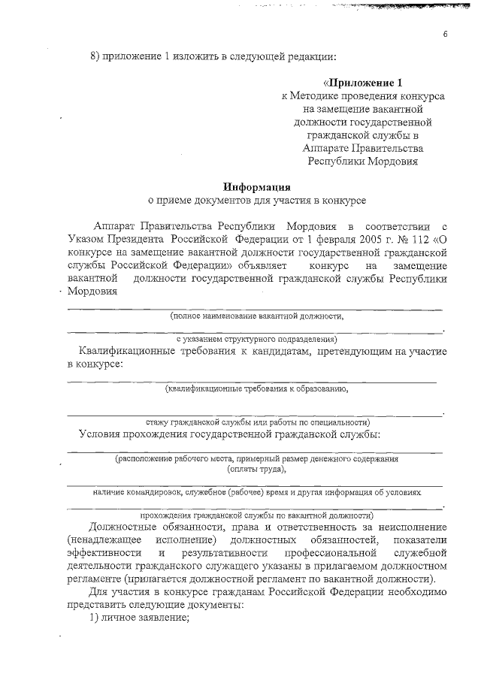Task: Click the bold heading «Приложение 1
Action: click(363, 83)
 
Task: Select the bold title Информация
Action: click(256, 187)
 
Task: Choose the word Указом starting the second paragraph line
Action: click(88, 239)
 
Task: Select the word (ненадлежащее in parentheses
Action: click(101, 541)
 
